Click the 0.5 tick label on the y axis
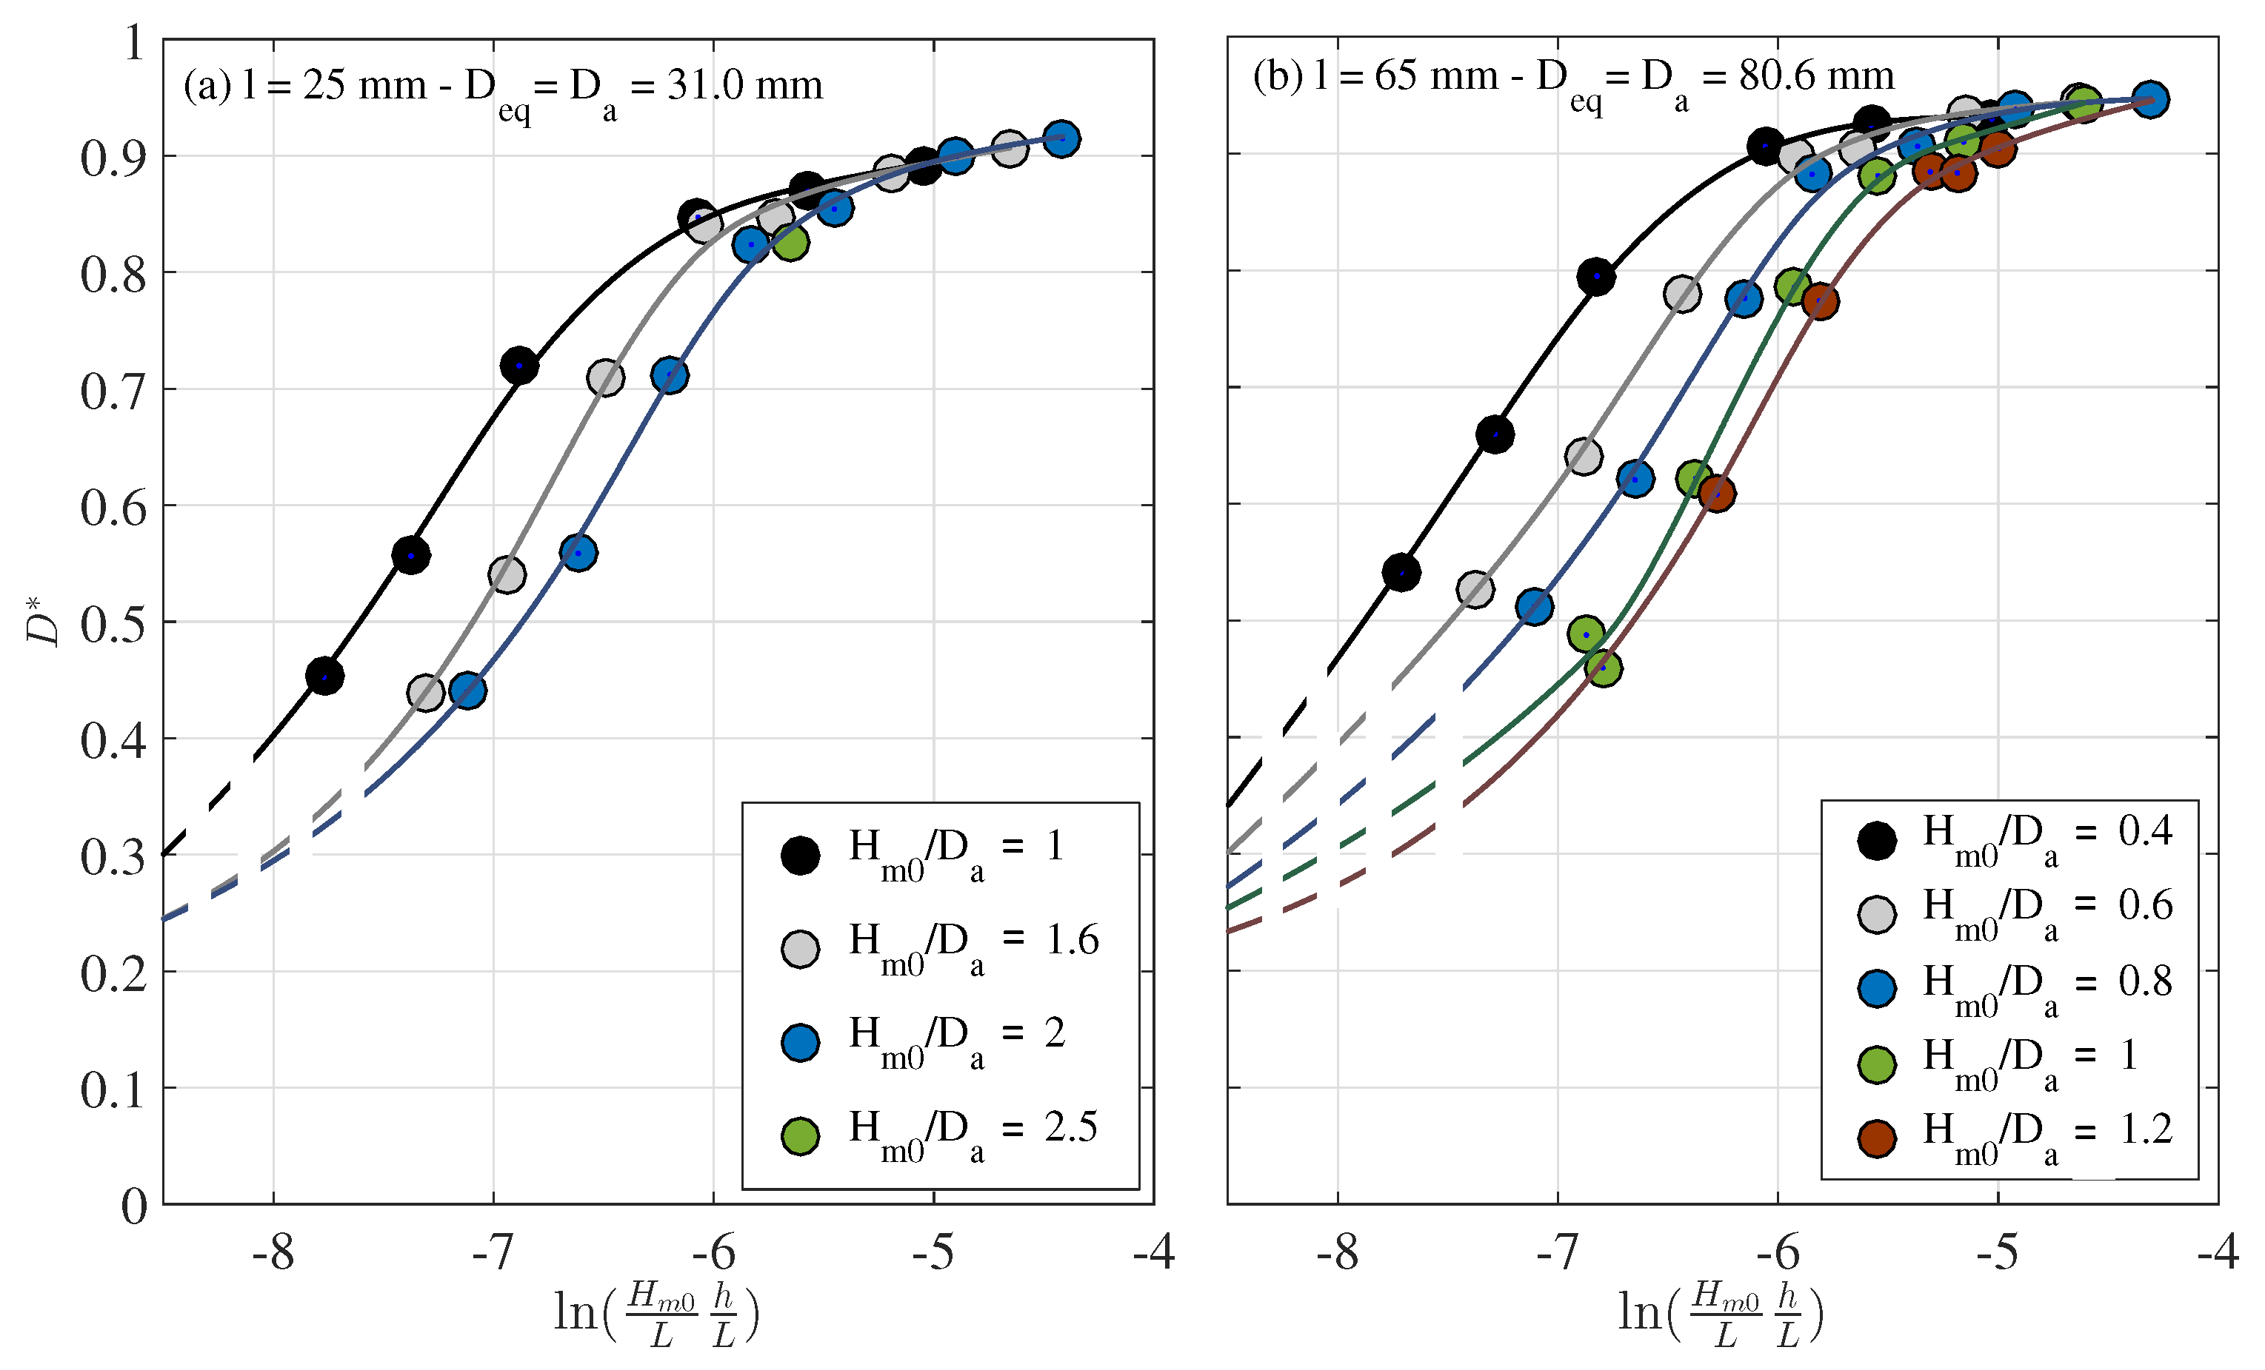(x=112, y=624)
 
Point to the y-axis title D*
(x=42, y=620)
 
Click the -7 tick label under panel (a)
(x=493, y=1252)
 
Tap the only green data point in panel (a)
(x=790, y=243)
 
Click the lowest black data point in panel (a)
(x=324, y=676)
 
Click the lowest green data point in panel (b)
(x=1603, y=667)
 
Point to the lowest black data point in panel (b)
(x=1401, y=572)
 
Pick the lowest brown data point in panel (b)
(x=1717, y=494)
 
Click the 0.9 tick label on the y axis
(x=112, y=158)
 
